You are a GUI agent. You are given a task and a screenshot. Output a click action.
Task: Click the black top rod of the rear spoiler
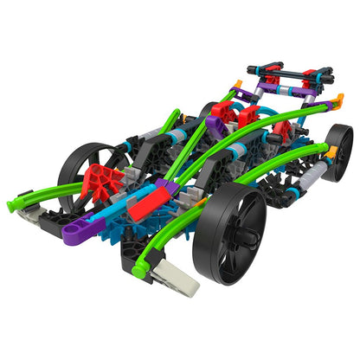click(x=286, y=68)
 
